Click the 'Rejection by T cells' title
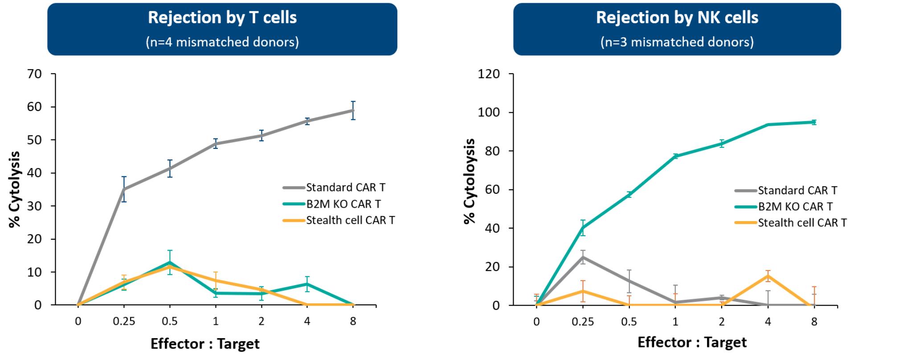222,18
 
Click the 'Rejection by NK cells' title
677,18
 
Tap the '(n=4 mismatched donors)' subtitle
222,42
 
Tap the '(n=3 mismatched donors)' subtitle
677,42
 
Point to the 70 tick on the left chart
34,74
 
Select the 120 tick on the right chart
489,74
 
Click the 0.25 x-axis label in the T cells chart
124,321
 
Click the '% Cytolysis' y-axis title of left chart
15,189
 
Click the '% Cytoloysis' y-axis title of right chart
470,180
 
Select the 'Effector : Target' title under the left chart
205,344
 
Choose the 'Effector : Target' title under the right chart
692,342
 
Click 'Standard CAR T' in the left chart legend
345,188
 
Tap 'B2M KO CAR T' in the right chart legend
795,207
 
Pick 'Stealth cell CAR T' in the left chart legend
350,221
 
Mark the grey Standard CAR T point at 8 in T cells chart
353,110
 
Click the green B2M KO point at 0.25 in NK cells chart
583,228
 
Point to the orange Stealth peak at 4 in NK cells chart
768,276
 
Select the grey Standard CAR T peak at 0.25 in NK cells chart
583,257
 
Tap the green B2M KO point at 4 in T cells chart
307,284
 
